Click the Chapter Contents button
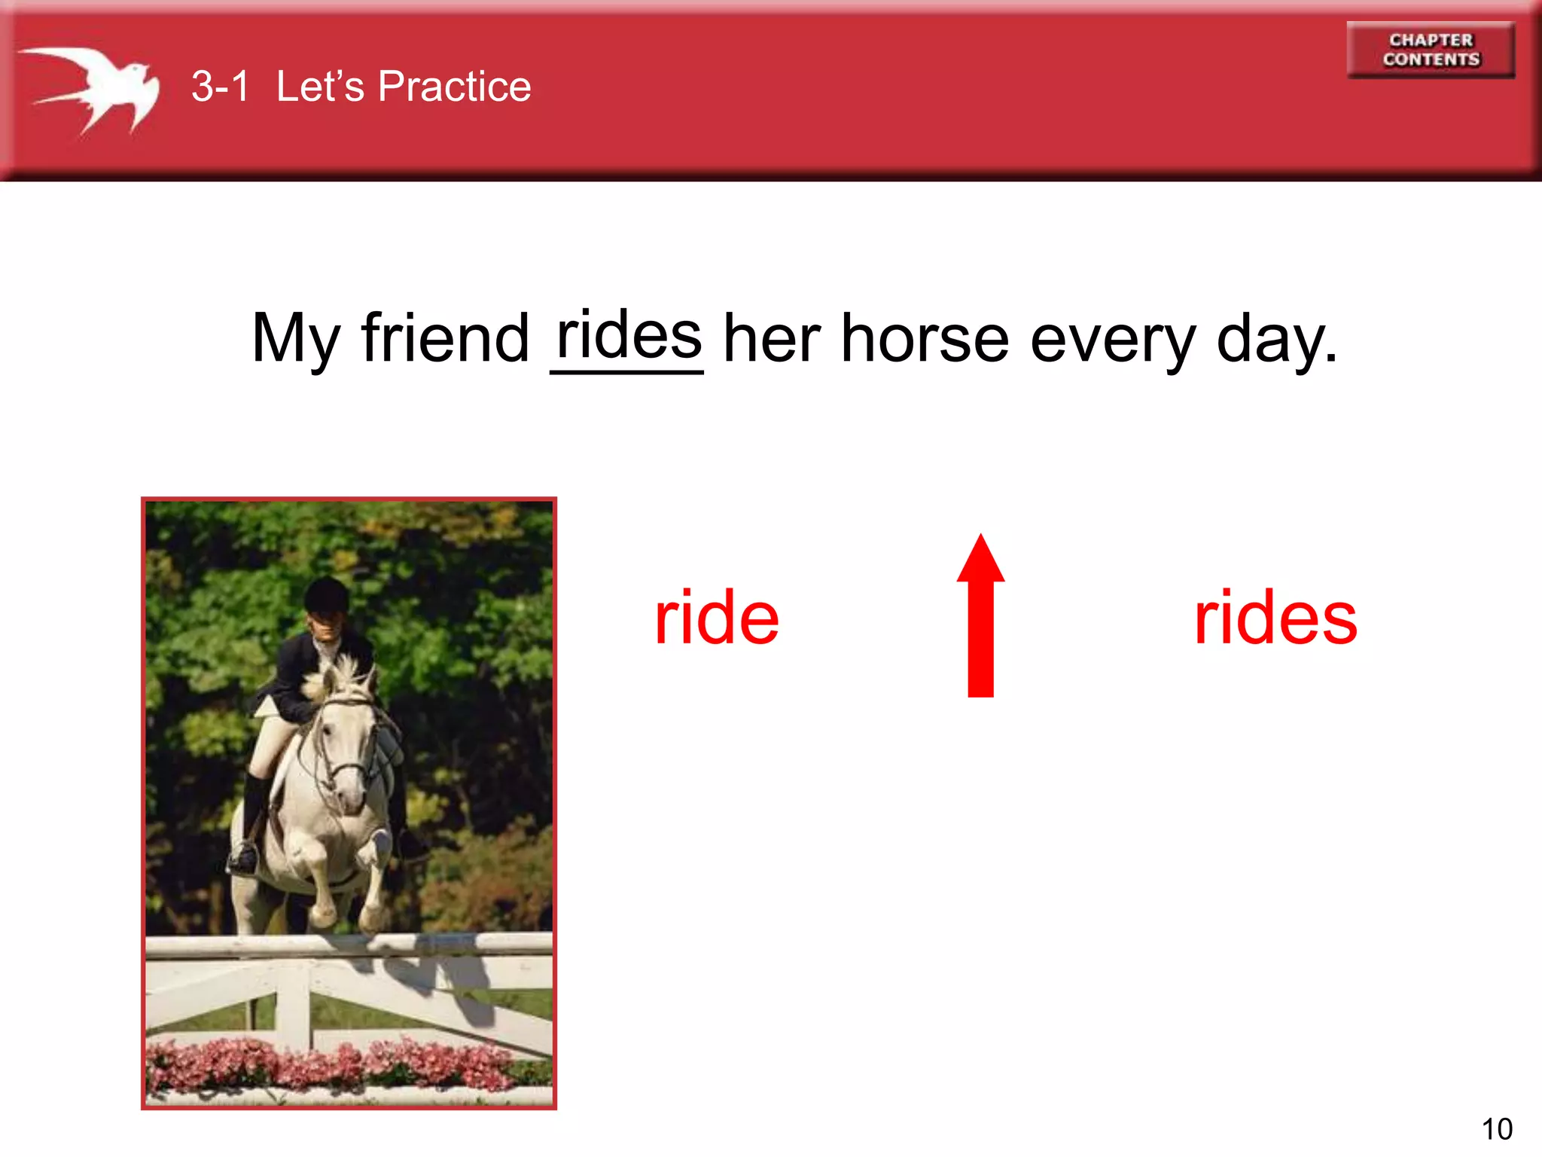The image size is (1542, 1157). click(x=1430, y=50)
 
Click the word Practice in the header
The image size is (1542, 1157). click(x=454, y=86)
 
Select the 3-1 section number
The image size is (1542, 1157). click(x=219, y=86)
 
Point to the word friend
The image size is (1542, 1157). click(x=445, y=338)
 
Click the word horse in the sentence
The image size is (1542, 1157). click(x=924, y=339)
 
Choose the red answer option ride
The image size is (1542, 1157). click(x=716, y=618)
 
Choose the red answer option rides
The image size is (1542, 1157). click(x=1275, y=618)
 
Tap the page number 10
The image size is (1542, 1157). click(x=1496, y=1129)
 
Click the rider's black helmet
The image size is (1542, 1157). click(x=327, y=595)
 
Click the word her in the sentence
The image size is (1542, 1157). click(x=771, y=339)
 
